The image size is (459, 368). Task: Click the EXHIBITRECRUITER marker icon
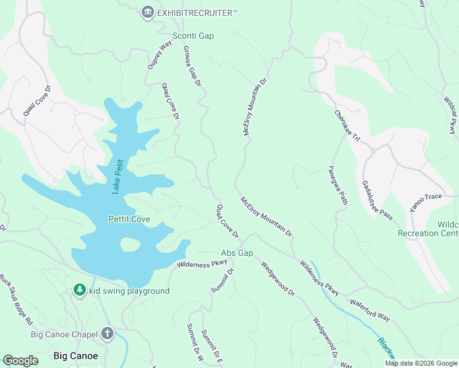(147, 12)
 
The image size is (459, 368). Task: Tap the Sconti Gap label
(193, 36)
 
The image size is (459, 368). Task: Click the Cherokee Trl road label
(347, 126)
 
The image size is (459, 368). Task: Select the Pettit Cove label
(129, 219)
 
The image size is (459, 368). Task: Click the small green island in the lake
(129, 243)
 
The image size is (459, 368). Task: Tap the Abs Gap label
(237, 253)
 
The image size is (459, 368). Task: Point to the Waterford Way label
(369, 309)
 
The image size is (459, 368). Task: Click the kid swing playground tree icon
(79, 290)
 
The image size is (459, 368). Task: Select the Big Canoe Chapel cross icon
(107, 334)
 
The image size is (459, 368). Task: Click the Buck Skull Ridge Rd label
(16, 299)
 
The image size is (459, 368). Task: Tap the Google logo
(20, 360)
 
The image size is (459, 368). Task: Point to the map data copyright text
(421, 363)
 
